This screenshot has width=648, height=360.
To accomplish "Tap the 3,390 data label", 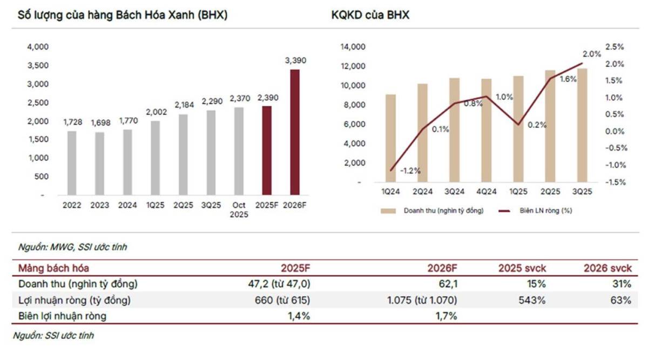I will [295, 61].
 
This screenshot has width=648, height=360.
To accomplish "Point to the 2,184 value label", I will [183, 105].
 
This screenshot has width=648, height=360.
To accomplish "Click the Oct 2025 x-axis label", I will [239, 209].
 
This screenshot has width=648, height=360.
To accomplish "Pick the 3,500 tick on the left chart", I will [38, 65].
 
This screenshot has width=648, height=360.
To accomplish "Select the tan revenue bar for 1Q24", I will [391, 138].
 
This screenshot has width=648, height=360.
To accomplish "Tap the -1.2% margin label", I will [410, 171].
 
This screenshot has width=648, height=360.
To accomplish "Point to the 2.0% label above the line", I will [592, 54].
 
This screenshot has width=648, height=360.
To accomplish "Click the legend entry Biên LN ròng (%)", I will [545, 210].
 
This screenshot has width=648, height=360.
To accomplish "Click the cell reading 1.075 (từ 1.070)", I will [422, 300].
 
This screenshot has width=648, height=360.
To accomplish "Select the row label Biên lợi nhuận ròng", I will [63, 316].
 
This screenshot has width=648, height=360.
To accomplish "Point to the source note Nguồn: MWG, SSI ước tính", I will [73, 247].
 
